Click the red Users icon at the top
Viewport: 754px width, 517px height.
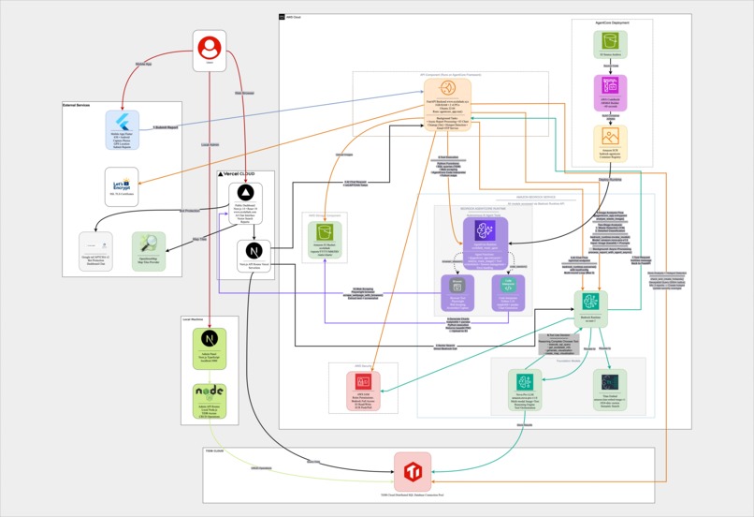[x=210, y=46]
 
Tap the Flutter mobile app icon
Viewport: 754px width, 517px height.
[x=121, y=125]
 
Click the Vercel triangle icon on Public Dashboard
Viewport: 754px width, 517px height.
[x=245, y=192]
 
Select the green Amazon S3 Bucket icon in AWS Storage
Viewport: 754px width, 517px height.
[x=326, y=231]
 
